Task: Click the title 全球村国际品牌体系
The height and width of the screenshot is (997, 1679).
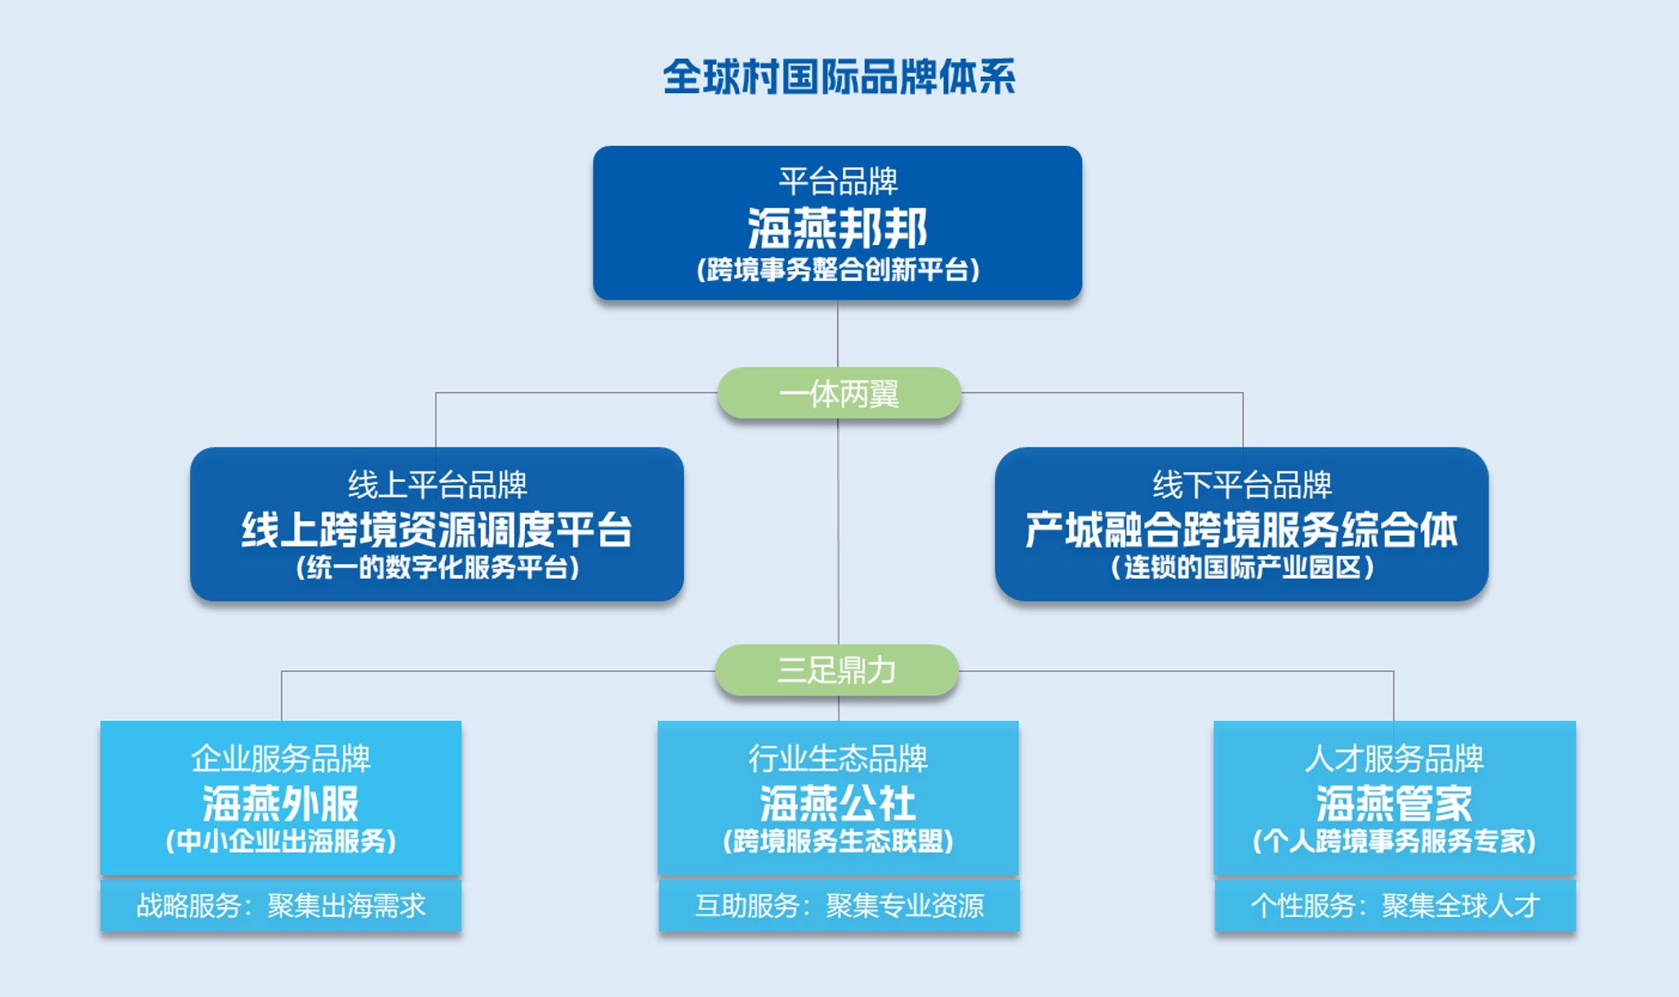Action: (839, 78)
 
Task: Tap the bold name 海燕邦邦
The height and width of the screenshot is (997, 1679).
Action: (838, 228)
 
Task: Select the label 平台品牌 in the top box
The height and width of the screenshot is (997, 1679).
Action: (838, 181)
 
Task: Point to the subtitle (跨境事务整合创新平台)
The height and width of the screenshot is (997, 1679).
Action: (838, 269)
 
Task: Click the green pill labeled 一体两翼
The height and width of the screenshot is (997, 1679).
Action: (839, 393)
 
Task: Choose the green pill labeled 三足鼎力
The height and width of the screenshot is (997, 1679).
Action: (837, 670)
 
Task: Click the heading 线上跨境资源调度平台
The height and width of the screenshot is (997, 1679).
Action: (437, 530)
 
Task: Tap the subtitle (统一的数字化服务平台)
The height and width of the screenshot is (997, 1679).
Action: (437, 567)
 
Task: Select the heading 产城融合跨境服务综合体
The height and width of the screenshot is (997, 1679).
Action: (1241, 530)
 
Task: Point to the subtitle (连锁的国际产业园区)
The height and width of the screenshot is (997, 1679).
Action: (1241, 567)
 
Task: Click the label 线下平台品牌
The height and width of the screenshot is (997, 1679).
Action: (1242, 485)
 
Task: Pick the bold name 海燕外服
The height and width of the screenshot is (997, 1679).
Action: (281, 803)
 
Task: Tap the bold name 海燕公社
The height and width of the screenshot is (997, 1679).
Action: (838, 803)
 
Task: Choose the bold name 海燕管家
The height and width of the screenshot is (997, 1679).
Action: (1394, 803)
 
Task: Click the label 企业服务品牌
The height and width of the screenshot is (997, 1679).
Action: (281, 759)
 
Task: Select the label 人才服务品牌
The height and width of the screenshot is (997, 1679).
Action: (1394, 759)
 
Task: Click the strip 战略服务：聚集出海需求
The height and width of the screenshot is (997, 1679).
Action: (281, 906)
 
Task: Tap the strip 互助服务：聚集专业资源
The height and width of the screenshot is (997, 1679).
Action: (839, 906)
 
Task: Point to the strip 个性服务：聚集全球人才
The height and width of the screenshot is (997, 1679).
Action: (1395, 906)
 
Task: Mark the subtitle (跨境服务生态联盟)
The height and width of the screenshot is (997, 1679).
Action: (838, 841)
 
